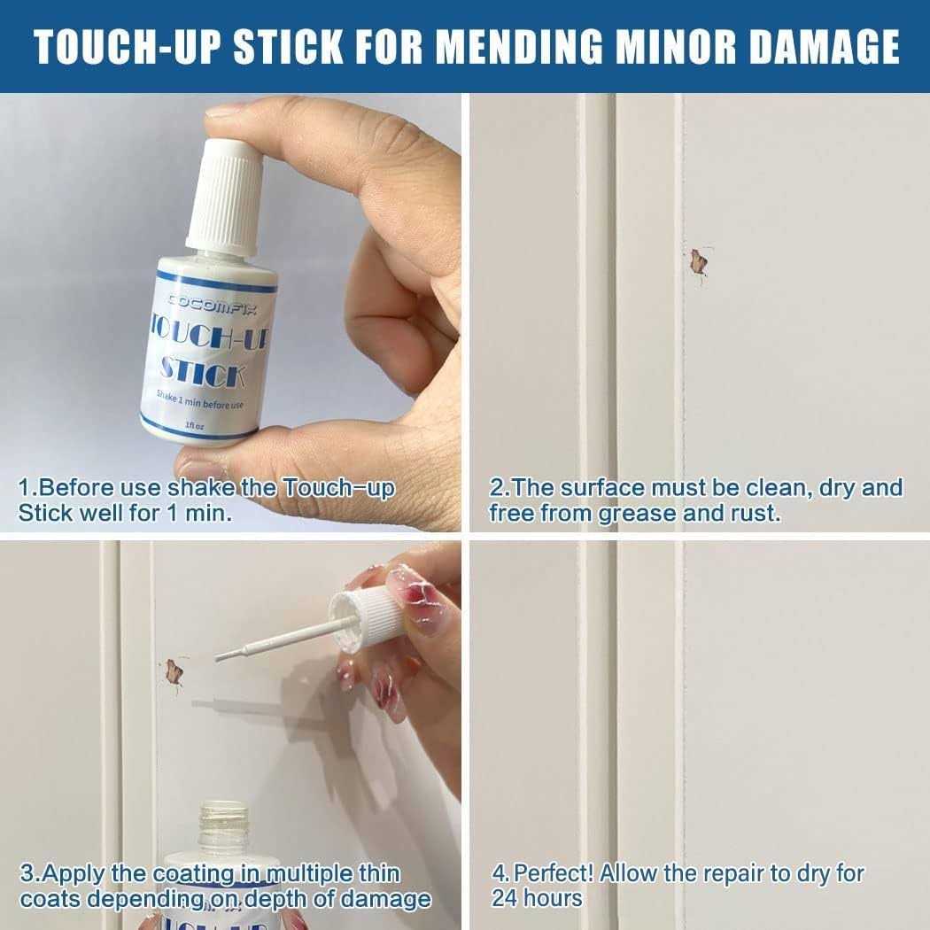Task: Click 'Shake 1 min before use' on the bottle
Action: click(x=199, y=399)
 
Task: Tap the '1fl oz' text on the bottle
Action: click(x=195, y=425)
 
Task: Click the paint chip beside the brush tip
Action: click(x=174, y=672)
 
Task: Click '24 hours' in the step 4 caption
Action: click(x=536, y=898)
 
